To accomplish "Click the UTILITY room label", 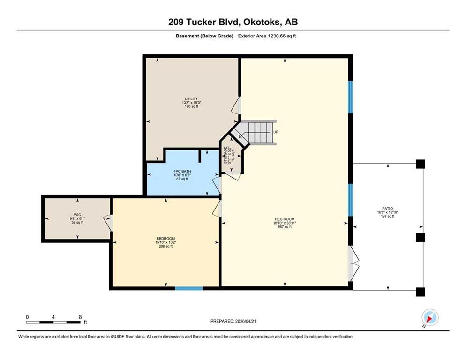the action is pos(191,99).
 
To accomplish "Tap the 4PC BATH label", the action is pos(182,171).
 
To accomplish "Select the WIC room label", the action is pos(77,215).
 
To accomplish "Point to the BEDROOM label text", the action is pos(165,239).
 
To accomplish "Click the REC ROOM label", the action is pos(285,219).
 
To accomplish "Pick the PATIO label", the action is pos(388,209).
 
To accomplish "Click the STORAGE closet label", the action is pos(225,155).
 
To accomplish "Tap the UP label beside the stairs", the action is pos(276,132).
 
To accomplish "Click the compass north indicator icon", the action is pos(430,317).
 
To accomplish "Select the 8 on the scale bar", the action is pos(80,317).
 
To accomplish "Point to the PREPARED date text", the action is pos(233,321).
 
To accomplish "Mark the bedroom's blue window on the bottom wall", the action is pos(189,288).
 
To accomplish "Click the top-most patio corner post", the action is pos(420,164).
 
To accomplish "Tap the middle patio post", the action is pos(420,238).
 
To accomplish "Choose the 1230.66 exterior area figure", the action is pos(277,36).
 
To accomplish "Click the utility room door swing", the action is pos(236,105).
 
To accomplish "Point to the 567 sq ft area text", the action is pos(285,227).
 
